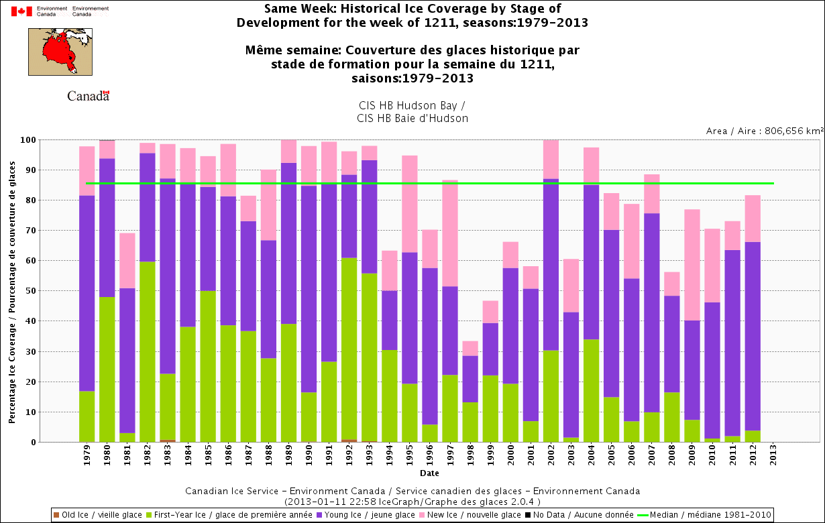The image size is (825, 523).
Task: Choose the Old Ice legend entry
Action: click(x=97, y=515)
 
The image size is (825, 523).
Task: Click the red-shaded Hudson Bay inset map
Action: click(x=60, y=52)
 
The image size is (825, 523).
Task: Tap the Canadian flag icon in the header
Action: click(x=21, y=11)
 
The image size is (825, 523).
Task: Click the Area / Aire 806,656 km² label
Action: click(x=765, y=131)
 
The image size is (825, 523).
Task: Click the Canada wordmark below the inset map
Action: click(x=88, y=96)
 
